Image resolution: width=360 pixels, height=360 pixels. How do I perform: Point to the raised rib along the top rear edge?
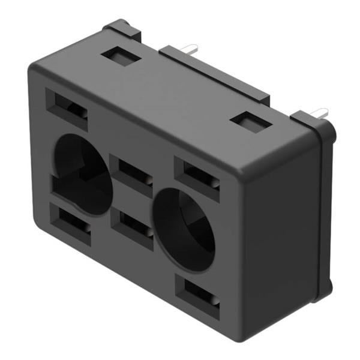pos(216,75)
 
